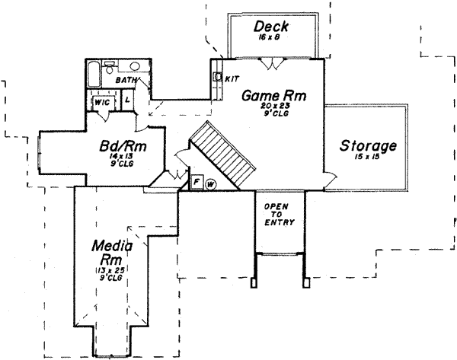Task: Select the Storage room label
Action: [368, 145]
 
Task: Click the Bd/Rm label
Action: [123, 146]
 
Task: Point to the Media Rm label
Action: [111, 253]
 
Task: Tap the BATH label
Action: [125, 79]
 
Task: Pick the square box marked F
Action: [196, 183]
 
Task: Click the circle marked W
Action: [209, 183]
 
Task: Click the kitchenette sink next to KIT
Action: [218, 77]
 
